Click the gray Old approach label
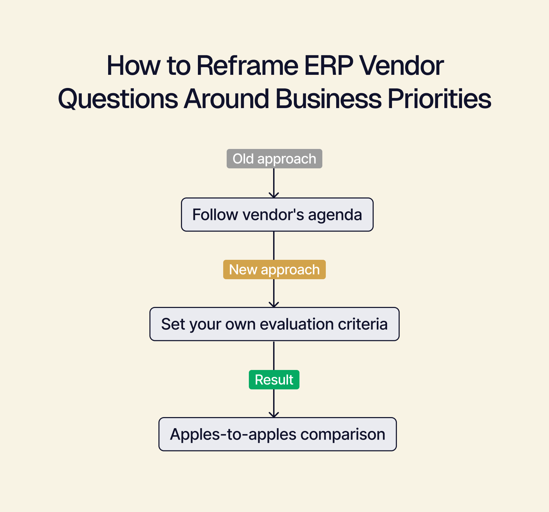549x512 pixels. pyautogui.click(x=274, y=159)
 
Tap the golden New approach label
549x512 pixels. pyautogui.click(x=274, y=270)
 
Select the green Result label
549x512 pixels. pyautogui.click(x=274, y=380)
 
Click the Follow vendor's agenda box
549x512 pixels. pyautogui.click(x=277, y=215)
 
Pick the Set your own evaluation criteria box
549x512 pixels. pyautogui.click(x=274, y=324)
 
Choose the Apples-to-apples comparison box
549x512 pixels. pyautogui.click(x=277, y=434)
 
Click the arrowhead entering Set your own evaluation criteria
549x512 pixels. pyautogui.click(x=274, y=305)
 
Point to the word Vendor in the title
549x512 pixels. pyautogui.click(x=401, y=65)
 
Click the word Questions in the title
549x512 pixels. pyautogui.click(x=118, y=99)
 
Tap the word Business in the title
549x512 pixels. pyautogui.click(x=328, y=99)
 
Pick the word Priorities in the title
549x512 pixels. pyautogui.click(x=439, y=99)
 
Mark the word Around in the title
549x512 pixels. pyautogui.click(x=226, y=99)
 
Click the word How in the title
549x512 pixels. pyautogui.click(x=133, y=65)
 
